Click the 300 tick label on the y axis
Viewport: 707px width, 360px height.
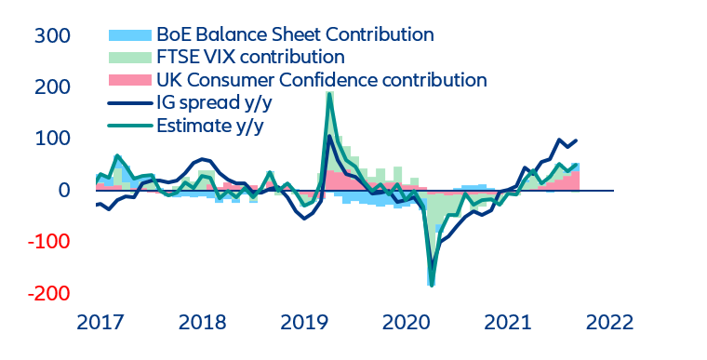(x=52, y=36)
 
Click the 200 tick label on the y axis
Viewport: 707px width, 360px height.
(x=52, y=87)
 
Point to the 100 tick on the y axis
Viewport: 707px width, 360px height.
(x=52, y=139)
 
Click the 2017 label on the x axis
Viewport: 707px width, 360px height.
(x=100, y=323)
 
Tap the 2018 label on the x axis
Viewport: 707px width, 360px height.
(x=203, y=323)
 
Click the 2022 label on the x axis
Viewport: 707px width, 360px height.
(x=607, y=323)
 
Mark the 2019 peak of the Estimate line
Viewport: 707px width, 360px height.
(x=329, y=93)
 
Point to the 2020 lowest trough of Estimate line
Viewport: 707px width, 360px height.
(x=432, y=285)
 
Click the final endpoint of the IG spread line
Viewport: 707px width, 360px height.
(x=577, y=140)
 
